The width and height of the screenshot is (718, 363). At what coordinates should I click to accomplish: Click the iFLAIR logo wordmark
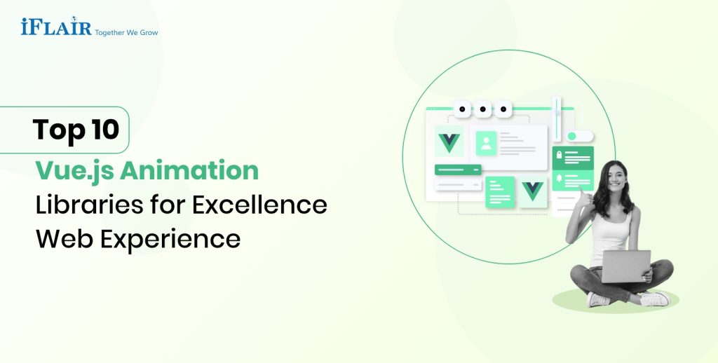57,27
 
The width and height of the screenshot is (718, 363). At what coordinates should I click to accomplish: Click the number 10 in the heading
104,130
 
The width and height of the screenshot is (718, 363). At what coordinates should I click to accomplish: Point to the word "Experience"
170,238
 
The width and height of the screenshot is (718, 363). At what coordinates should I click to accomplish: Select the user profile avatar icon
486,144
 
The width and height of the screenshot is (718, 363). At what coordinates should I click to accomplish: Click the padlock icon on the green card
559,154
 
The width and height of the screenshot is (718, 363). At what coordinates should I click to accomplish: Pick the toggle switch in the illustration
580,136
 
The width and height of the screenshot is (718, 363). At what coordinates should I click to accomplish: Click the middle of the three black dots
482,109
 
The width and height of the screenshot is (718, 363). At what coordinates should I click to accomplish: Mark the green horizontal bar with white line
458,170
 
